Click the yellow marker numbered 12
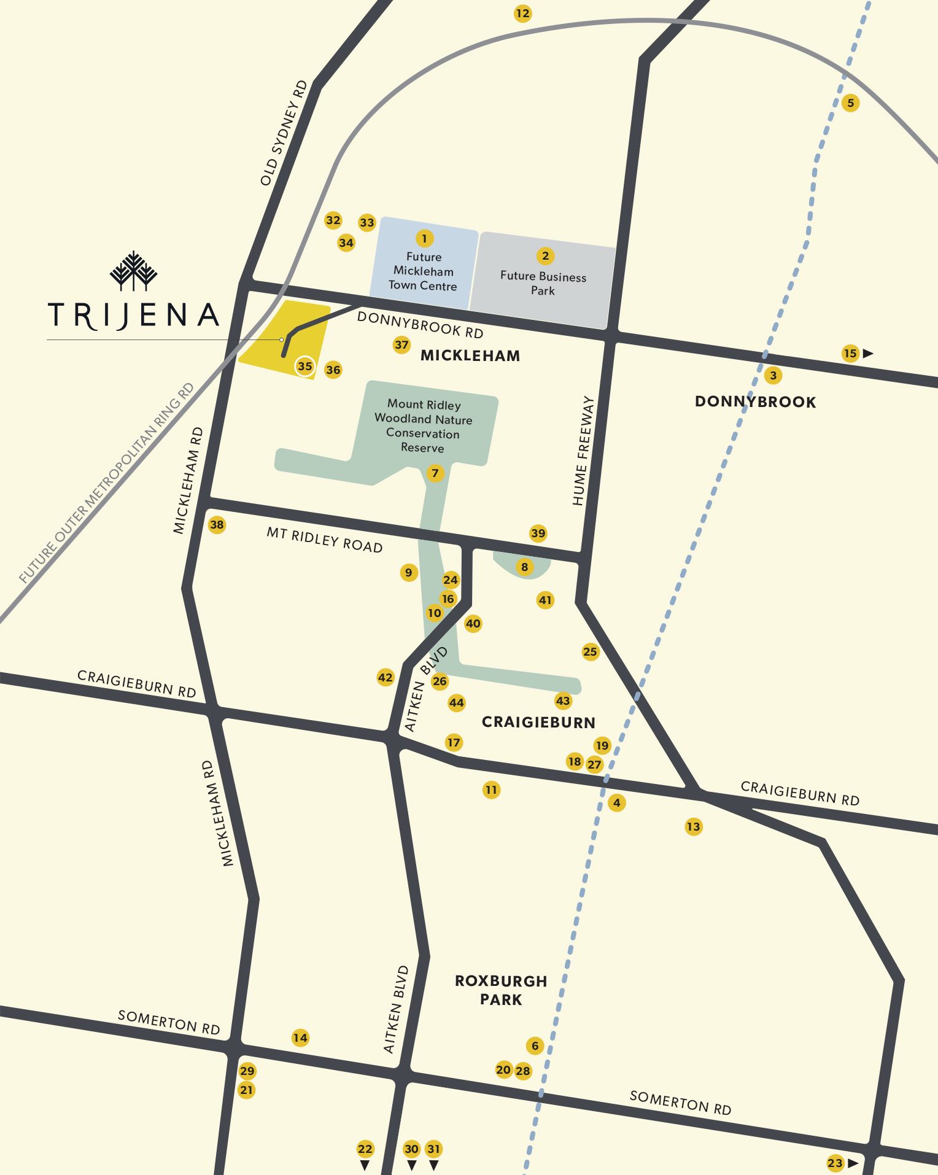point(522,14)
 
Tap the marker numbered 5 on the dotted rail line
point(850,103)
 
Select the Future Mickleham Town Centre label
point(423,271)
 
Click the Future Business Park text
point(543,283)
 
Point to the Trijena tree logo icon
point(134,271)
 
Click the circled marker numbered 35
point(305,366)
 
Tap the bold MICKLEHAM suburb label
point(470,355)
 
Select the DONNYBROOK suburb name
point(755,402)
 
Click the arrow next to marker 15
point(868,354)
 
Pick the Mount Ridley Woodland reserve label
point(424,426)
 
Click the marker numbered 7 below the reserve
point(435,473)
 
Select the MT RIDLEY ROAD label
point(324,540)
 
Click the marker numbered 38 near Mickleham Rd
point(217,525)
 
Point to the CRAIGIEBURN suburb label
point(538,722)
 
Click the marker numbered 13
point(693,827)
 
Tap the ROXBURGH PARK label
point(501,990)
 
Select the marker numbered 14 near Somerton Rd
point(300,1038)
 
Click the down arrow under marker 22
point(365,1165)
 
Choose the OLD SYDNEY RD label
point(283,133)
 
